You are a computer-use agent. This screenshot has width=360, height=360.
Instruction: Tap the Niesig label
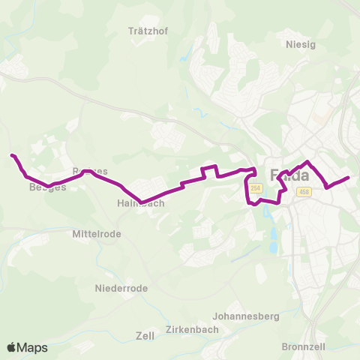pos(301,43)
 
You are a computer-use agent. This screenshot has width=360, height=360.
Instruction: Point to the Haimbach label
pos(136,203)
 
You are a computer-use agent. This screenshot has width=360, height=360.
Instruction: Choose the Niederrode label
pos(121,288)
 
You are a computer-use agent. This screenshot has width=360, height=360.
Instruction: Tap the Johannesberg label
pos(246,316)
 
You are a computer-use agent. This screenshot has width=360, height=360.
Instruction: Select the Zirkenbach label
pos(195,330)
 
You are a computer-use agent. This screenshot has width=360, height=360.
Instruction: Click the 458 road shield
pos(303,193)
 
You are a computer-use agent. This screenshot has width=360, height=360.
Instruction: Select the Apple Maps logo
pos(27,347)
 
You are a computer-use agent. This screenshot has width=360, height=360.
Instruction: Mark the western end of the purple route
pos(12,155)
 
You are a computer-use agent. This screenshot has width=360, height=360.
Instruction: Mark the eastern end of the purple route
pos(349,178)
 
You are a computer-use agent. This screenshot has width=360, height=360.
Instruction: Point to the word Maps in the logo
pos(33,347)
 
